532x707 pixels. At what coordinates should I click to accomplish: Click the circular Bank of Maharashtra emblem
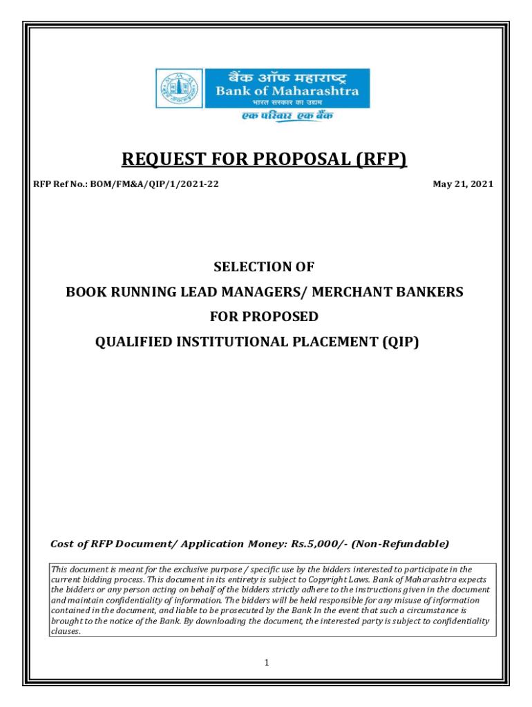click(170, 88)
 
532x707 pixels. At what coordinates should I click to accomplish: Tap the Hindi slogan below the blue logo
click(287, 117)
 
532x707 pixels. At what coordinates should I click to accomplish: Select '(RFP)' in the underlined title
click(382, 160)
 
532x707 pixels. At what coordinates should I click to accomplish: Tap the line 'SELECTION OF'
click(265, 267)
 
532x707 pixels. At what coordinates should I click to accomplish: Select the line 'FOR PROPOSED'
click(265, 317)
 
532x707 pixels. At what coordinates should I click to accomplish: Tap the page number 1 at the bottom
click(266, 664)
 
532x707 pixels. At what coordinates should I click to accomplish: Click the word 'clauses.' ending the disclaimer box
click(66, 631)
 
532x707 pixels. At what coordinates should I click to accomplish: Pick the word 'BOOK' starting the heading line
click(84, 292)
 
